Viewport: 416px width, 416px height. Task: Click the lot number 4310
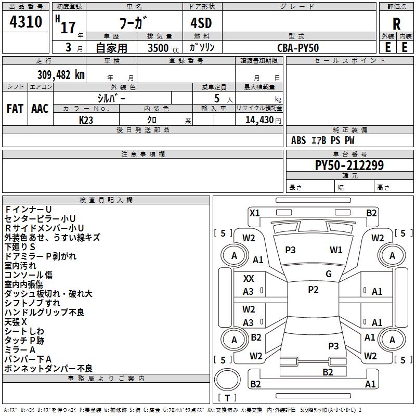point(25,21)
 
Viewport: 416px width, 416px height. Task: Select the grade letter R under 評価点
point(396,24)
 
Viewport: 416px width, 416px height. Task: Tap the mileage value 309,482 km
point(61,75)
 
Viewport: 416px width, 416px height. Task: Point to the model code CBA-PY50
point(298,48)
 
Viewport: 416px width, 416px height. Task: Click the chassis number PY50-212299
point(349,165)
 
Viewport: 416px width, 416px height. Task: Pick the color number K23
point(86,120)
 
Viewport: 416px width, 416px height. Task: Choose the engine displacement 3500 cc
point(163,48)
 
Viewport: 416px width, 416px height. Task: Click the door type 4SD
point(201,23)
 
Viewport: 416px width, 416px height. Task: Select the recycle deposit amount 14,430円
point(263,120)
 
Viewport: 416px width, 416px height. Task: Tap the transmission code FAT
point(15,109)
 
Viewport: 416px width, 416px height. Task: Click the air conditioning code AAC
point(40,109)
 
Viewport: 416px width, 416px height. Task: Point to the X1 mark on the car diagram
point(255,213)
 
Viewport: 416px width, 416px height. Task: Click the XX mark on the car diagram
point(249,279)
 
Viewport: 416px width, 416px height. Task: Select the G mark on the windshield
point(329,274)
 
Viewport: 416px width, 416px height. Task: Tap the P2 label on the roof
point(313,290)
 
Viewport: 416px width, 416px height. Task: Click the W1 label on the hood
point(336,250)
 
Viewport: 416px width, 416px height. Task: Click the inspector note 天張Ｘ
point(16,322)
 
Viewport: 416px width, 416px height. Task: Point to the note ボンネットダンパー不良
point(48,369)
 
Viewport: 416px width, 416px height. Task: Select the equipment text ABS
point(298,140)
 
